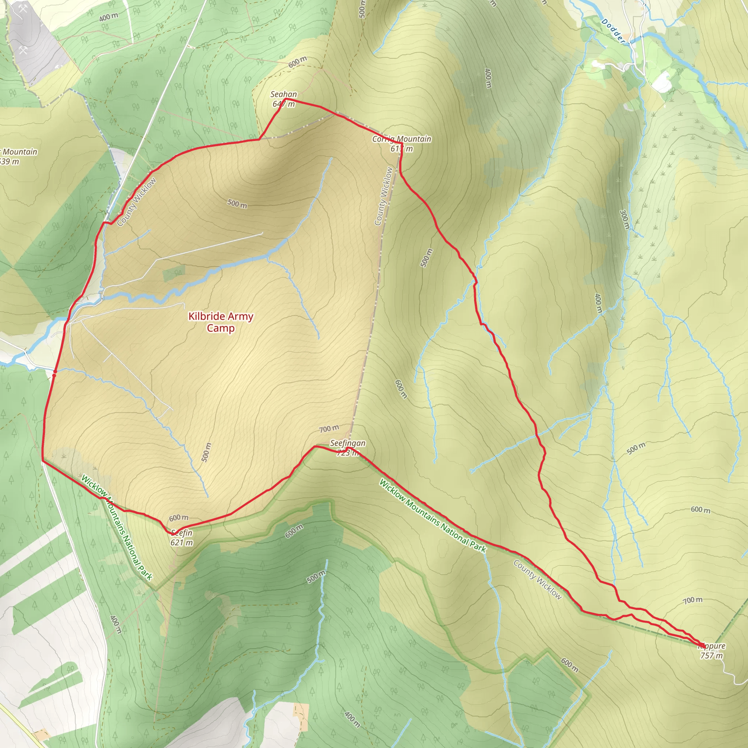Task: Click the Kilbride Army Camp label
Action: (x=221, y=322)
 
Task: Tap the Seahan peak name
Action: (x=284, y=94)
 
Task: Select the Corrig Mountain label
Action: (x=402, y=138)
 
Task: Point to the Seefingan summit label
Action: (x=348, y=443)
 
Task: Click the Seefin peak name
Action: (x=182, y=533)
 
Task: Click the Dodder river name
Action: (x=613, y=31)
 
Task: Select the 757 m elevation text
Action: (x=711, y=656)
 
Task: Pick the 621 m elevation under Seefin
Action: (x=182, y=542)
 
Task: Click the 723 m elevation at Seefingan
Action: (x=347, y=453)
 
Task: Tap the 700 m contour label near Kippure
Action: (x=692, y=600)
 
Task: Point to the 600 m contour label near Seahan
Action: (x=298, y=62)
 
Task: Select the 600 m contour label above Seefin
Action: (x=179, y=518)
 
